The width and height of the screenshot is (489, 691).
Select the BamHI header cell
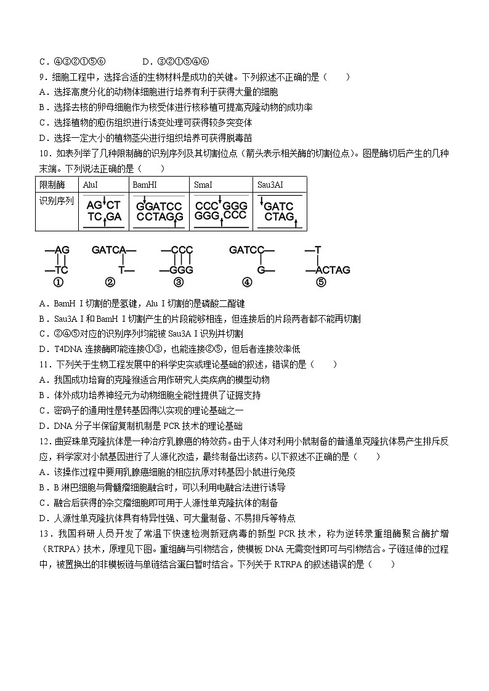click(x=143, y=185)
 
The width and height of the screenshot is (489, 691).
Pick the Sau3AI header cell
click(x=272, y=185)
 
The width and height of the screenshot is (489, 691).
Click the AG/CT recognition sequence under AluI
click(x=103, y=211)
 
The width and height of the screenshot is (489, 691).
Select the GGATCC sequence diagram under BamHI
click(x=159, y=211)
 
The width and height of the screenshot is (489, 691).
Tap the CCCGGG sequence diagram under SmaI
click(x=220, y=211)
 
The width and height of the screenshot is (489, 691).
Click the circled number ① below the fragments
click(x=59, y=282)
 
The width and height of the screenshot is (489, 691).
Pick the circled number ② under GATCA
click(x=110, y=282)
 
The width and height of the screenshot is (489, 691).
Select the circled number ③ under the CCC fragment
click(x=179, y=282)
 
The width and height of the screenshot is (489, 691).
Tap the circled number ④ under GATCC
click(x=246, y=282)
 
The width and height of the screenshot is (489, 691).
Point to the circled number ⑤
click(x=320, y=282)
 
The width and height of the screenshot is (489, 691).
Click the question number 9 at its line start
click(x=41, y=77)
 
